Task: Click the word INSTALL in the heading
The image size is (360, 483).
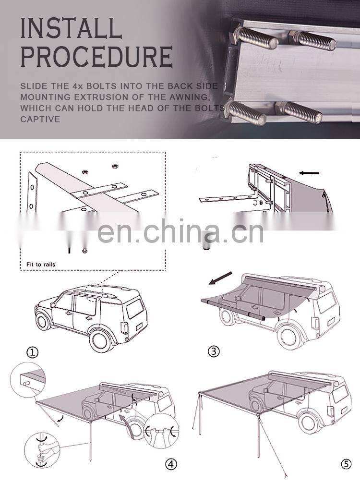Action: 71,29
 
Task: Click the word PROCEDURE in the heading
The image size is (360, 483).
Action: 96,57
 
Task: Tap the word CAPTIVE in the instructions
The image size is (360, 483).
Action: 40,119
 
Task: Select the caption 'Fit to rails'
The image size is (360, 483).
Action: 41,264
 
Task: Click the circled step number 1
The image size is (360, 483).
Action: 32,352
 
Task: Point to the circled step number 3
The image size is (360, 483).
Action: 214,351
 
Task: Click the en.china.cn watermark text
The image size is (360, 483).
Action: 180,231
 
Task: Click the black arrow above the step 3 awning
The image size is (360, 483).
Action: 220,278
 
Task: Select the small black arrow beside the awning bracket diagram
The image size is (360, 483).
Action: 309,173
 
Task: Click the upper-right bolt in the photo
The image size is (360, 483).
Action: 312,41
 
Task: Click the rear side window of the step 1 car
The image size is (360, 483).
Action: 134,308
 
